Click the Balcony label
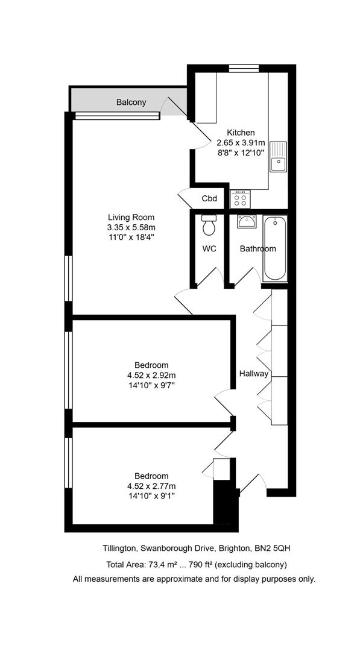[131, 102]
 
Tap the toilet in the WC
[207, 225]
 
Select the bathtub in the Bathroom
[275, 248]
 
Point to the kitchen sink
[278, 157]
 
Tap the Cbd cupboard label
[209, 199]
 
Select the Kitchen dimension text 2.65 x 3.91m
[241, 142]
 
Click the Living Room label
[131, 217]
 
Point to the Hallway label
[254, 374]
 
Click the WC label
[209, 249]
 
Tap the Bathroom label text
[258, 249]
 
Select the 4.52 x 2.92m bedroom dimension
[151, 376]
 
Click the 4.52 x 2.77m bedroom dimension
[151, 486]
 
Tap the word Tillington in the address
[119, 549]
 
